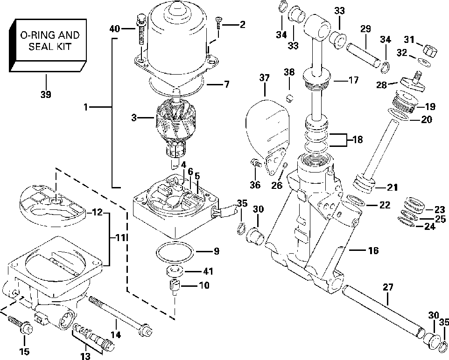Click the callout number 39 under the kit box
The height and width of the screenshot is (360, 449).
(x=45, y=94)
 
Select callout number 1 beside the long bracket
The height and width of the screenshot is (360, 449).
(x=86, y=107)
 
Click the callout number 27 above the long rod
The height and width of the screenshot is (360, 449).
(x=387, y=287)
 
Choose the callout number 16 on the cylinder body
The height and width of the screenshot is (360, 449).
(x=373, y=251)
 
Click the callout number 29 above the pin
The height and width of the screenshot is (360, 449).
(x=365, y=29)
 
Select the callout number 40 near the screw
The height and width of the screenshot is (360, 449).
(x=115, y=29)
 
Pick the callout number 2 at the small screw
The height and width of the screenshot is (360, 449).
(x=242, y=25)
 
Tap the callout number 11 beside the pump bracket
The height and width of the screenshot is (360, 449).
(x=120, y=237)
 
